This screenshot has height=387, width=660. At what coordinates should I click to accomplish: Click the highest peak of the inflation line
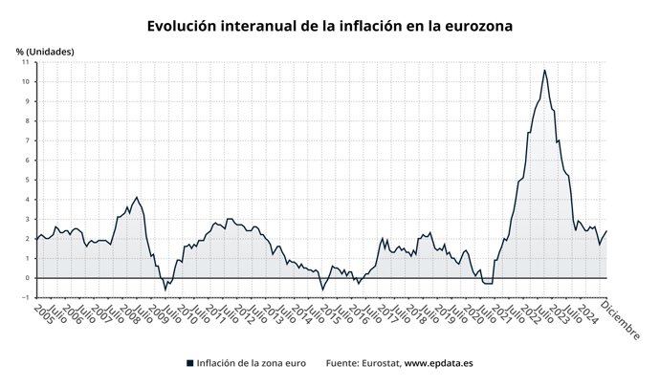(x=544, y=70)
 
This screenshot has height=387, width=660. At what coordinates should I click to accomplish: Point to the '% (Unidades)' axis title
(x=44, y=50)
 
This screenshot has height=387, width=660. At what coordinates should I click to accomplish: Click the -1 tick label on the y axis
(x=24, y=297)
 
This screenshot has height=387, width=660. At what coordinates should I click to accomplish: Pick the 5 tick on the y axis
(x=26, y=180)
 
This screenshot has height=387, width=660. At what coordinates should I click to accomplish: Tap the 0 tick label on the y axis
(x=26, y=278)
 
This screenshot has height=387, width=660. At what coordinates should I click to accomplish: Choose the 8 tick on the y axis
(x=26, y=120)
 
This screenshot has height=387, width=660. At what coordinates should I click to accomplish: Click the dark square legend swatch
(x=189, y=363)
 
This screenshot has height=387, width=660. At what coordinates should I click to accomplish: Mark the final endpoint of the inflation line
(x=606, y=231)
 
